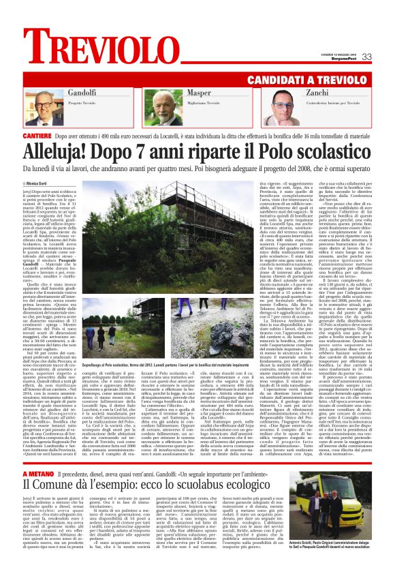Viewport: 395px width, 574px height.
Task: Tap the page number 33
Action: coord(366,57)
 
